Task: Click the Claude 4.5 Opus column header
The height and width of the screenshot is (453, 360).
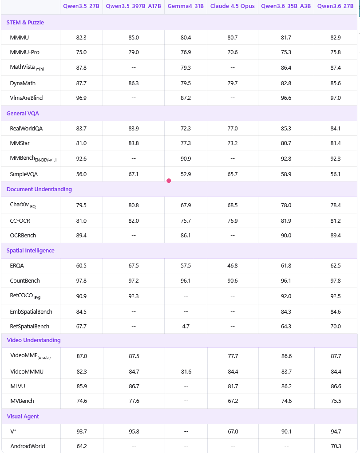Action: point(232,6)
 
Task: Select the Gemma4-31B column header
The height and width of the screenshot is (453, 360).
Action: point(186,6)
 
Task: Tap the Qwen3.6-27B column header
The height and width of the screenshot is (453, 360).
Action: point(336,6)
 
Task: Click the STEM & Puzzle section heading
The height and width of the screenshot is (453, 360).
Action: point(25,22)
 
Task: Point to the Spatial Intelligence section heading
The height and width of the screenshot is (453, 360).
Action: point(31,251)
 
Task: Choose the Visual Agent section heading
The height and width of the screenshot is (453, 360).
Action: point(23,417)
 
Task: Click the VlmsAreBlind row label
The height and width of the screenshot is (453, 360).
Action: point(27,98)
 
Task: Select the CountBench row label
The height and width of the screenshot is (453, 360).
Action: point(25,281)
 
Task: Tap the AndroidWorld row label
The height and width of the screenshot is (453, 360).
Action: point(28,446)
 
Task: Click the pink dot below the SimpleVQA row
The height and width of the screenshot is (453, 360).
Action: point(169,181)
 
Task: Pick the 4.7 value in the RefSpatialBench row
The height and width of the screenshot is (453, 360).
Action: point(186,327)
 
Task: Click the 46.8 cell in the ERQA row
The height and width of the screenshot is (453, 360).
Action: point(232,266)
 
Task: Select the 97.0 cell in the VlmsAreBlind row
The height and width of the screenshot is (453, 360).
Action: point(336,98)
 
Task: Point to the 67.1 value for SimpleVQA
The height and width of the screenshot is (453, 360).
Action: point(134,174)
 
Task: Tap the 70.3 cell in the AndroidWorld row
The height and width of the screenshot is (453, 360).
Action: point(336,446)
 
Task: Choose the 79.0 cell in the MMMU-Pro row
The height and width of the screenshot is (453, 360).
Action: point(134,52)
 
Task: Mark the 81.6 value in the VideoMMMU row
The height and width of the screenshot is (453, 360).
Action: point(186,372)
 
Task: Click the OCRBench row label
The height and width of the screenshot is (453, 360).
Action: point(23,236)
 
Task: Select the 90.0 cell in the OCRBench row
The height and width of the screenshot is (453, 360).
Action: point(286,236)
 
